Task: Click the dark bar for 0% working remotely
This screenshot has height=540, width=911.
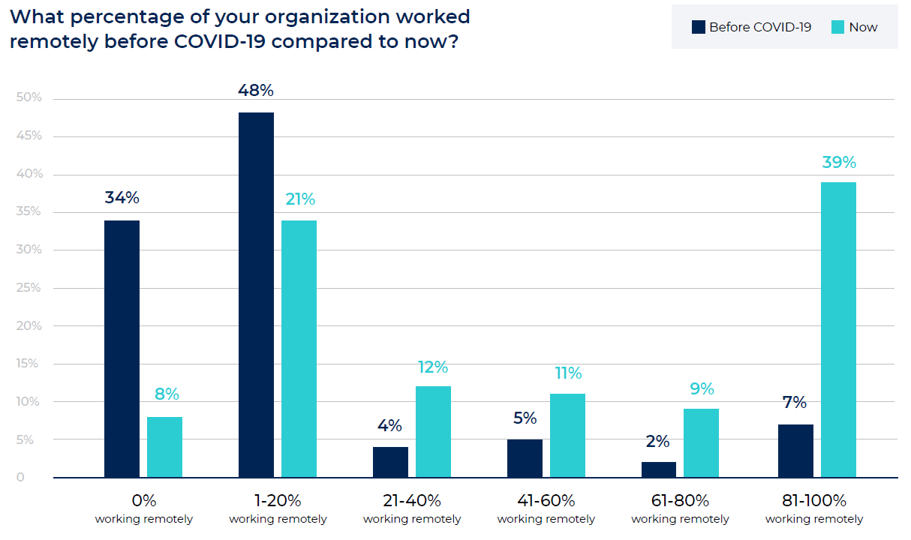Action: [x=122, y=349]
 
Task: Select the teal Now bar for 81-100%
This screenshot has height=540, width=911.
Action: [x=838, y=330]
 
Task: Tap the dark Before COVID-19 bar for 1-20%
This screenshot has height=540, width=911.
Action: [x=256, y=295]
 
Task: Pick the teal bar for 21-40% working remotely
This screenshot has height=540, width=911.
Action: [x=433, y=432]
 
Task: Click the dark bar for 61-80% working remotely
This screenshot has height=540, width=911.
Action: [x=658, y=470]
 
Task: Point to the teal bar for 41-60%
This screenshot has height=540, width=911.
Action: [x=567, y=436]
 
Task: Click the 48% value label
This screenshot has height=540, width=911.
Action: [x=256, y=91]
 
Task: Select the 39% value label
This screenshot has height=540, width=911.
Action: [x=838, y=163]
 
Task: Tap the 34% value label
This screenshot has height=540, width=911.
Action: [x=122, y=198]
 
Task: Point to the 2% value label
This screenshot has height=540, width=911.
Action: [x=657, y=442]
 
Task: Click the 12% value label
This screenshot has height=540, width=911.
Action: [x=433, y=367]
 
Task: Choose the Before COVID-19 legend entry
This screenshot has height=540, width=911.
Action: [x=751, y=27]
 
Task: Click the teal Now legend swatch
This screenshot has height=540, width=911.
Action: [x=838, y=27]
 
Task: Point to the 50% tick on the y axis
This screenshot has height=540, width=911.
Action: [x=29, y=98]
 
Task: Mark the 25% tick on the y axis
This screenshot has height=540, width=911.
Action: [x=29, y=288]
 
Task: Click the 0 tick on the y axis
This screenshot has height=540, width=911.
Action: [x=20, y=478]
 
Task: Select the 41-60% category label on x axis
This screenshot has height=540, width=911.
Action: [x=546, y=500]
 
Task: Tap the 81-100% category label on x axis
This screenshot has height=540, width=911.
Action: [x=814, y=500]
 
